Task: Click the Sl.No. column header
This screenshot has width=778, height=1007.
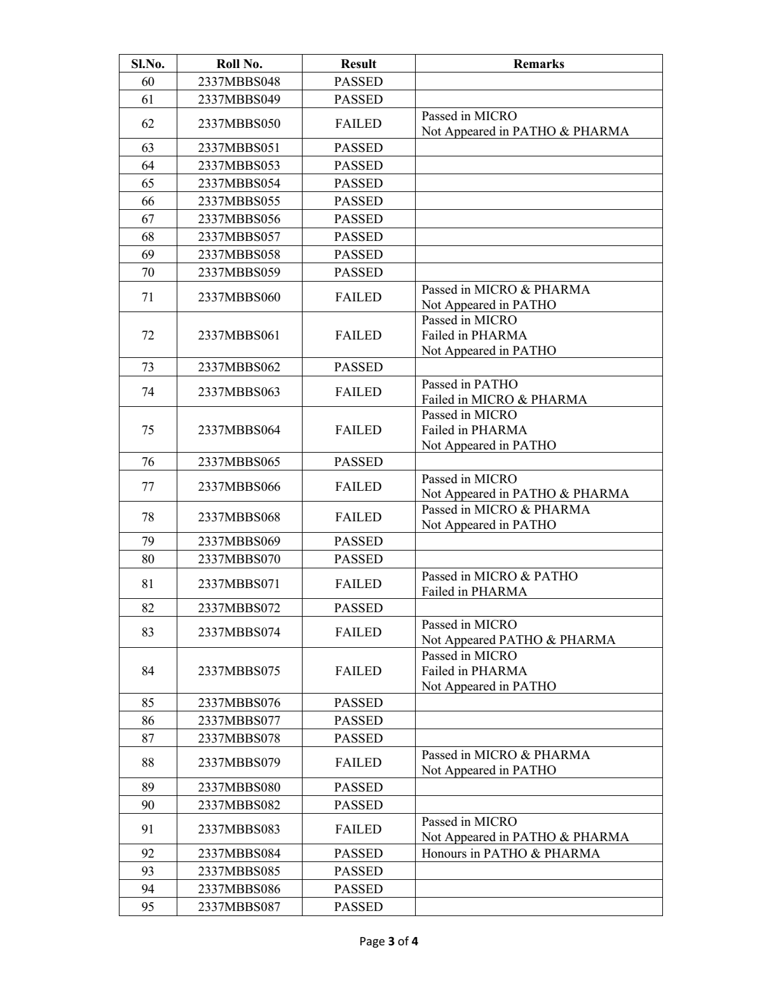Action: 147,64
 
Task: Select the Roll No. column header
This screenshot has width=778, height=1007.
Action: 239,64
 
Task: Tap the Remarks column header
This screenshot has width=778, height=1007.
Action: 538,64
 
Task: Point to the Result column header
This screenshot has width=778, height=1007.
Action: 358,64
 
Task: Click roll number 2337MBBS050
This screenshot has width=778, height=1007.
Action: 239,123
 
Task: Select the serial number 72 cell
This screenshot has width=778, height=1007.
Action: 147,335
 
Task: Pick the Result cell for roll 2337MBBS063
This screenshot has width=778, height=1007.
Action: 358,392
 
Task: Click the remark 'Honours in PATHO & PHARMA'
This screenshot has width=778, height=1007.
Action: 510,853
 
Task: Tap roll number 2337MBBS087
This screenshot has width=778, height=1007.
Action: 239,907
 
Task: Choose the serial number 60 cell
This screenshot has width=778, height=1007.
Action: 147,81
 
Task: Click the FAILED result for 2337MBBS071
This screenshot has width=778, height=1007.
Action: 358,584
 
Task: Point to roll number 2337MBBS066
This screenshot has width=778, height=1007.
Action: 239,486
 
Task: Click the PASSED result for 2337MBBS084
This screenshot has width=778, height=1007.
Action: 358,853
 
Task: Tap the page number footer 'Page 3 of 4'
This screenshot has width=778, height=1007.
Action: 388,941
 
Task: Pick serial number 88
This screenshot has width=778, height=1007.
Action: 147,762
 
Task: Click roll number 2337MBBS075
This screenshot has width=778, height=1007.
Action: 239,671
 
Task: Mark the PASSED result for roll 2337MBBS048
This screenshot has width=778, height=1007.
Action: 358,81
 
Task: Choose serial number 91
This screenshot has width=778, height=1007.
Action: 147,829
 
